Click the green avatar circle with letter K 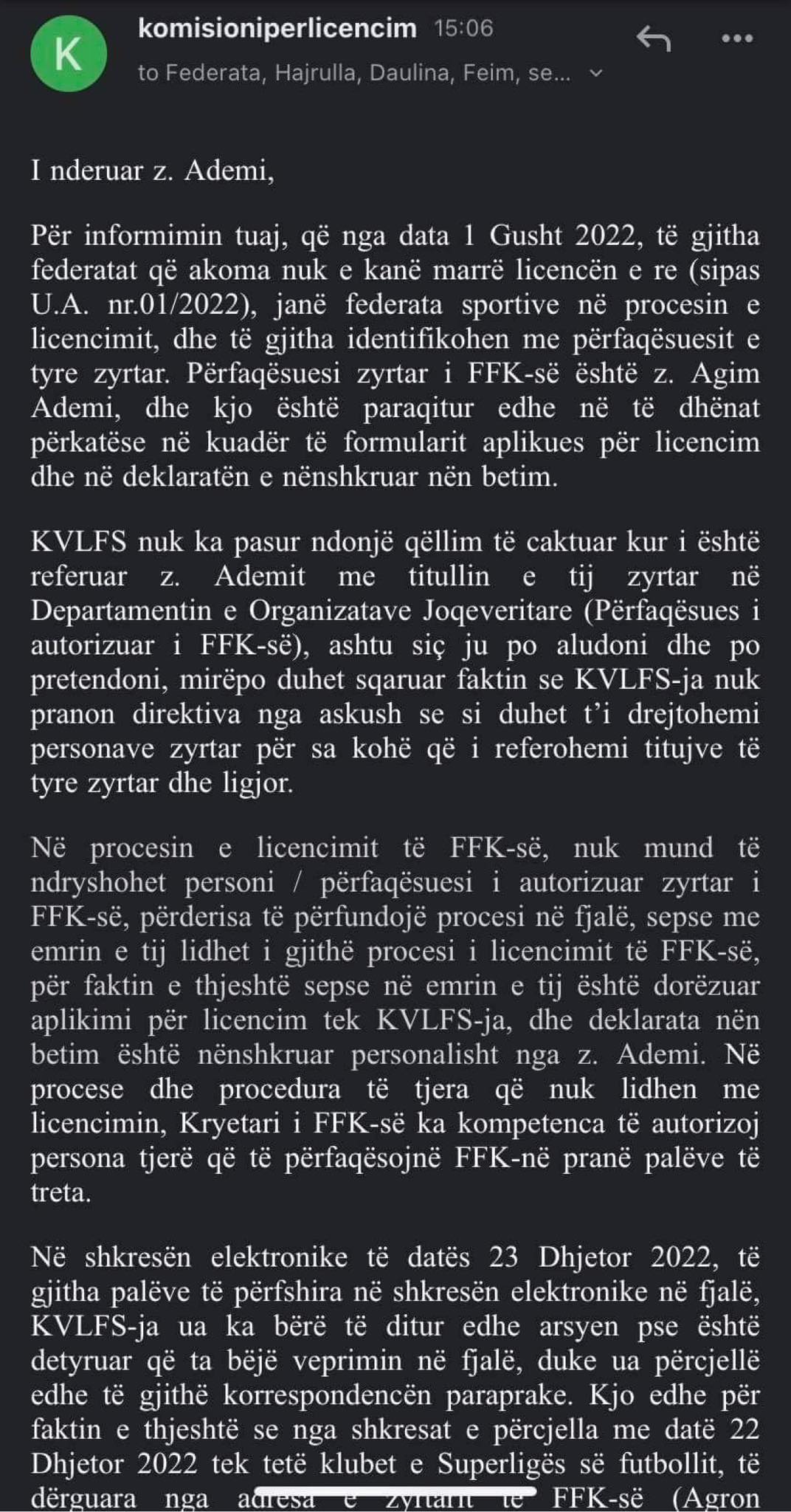(x=68, y=54)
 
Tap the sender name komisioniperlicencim (x=277, y=29)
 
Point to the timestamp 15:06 (x=463, y=29)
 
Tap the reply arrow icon (x=653, y=38)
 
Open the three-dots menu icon (x=736, y=38)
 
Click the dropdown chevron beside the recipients (x=596, y=73)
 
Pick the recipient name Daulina (x=409, y=73)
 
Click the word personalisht (x=424, y=1055)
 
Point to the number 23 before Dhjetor (x=503, y=1257)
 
